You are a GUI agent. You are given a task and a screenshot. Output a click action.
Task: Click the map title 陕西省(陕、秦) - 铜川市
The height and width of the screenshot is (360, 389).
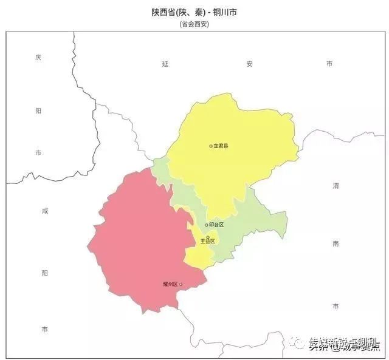[x=194, y=12]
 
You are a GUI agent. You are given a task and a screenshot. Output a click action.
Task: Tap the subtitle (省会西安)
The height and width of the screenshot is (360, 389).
[x=194, y=24]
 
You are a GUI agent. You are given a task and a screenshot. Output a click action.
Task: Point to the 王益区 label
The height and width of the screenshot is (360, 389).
[x=208, y=241]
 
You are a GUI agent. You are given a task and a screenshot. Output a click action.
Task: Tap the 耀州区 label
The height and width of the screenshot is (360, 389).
[x=170, y=284]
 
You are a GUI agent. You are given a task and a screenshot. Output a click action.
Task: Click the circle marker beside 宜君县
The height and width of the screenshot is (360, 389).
[x=211, y=146]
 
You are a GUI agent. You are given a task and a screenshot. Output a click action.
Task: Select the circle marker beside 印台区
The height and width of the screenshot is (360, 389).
[x=206, y=225]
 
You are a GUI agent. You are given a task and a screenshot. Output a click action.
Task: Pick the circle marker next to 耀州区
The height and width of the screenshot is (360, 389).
[x=181, y=284]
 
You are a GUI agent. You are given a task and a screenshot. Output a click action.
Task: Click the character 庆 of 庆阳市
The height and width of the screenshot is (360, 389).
[x=38, y=58]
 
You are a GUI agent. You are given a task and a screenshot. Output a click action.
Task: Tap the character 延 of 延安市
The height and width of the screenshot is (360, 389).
[x=165, y=63]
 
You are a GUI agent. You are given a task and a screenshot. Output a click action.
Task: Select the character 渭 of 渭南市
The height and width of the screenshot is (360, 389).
[x=336, y=185]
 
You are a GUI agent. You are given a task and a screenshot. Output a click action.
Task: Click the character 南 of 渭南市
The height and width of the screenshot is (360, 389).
[x=336, y=243]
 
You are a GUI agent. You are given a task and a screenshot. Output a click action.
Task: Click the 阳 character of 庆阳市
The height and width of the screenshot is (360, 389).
[x=38, y=110]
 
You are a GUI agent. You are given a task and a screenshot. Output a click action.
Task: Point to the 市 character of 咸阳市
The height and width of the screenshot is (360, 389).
[x=44, y=328]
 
